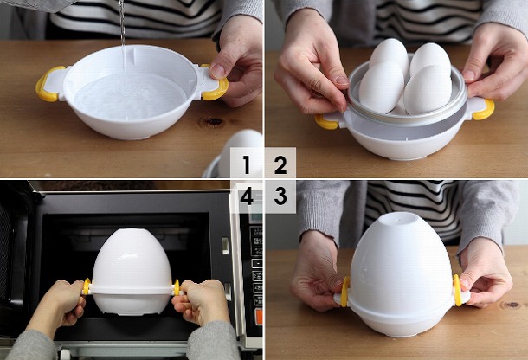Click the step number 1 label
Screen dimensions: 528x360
coord(247,164)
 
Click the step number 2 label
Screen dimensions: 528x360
coord(280,164)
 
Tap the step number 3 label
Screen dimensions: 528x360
coord(280,196)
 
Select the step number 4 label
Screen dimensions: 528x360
coord(247,196)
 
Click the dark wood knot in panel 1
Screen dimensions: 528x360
coord(213,121)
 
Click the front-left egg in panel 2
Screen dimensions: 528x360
coord(381,87)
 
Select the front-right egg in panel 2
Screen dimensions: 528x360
coord(428,90)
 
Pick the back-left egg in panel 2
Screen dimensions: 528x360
coord(389,54)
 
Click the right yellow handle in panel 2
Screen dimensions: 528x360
coord(484,110)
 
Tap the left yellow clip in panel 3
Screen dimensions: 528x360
coord(345,292)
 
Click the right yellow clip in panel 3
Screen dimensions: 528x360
coord(457,290)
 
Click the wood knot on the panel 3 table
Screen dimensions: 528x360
coord(512,305)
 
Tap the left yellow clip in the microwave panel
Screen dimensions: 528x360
coord(87,286)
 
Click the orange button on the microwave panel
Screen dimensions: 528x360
coord(259,316)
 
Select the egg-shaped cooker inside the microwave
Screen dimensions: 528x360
coord(132,272)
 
